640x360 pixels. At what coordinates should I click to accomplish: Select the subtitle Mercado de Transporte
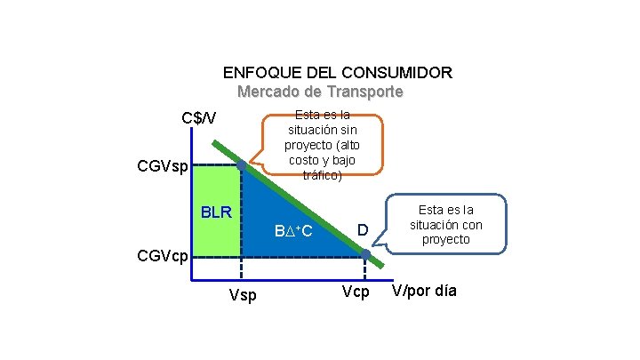tap(320, 92)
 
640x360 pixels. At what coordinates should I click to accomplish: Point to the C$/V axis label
tap(205, 118)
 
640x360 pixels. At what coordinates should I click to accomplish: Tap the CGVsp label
tap(163, 166)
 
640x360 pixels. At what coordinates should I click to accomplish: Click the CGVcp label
tap(162, 257)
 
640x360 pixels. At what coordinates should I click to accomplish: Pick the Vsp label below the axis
tap(242, 295)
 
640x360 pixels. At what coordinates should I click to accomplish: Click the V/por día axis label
tap(424, 291)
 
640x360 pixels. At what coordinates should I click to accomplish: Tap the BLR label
tap(216, 212)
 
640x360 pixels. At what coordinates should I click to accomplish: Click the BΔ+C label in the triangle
tap(292, 232)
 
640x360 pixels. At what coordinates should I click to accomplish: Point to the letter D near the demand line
tap(363, 231)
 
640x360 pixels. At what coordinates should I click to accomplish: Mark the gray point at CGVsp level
tap(241, 165)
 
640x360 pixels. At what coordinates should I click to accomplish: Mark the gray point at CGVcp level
tap(365, 255)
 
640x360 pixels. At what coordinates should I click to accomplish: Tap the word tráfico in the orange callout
tap(323, 174)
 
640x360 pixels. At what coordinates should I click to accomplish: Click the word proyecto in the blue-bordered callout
tap(446, 240)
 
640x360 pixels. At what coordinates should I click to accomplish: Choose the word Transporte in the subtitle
tap(364, 92)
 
